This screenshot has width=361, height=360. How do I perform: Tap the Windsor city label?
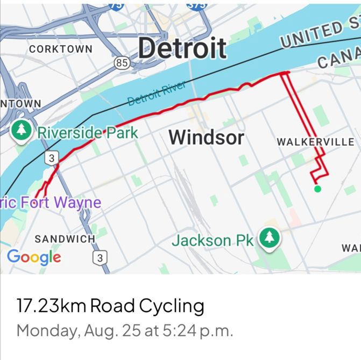[x=206, y=138]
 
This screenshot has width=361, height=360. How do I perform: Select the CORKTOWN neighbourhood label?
[x=60, y=49]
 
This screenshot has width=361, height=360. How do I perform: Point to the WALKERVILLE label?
[x=315, y=142]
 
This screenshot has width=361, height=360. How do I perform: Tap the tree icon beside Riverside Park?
[x=22, y=130]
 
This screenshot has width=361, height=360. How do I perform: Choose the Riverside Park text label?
[x=87, y=133]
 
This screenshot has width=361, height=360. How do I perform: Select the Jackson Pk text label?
[x=212, y=240]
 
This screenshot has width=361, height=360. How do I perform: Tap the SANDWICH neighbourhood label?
[x=65, y=239]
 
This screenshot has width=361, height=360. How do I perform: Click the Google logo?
[x=34, y=257]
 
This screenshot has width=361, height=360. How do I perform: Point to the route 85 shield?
[x=123, y=63]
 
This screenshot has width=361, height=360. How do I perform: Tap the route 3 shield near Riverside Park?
[x=51, y=158]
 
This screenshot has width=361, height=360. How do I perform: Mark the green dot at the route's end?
[x=317, y=189]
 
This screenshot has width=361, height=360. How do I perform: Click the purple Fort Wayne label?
[x=51, y=203]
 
